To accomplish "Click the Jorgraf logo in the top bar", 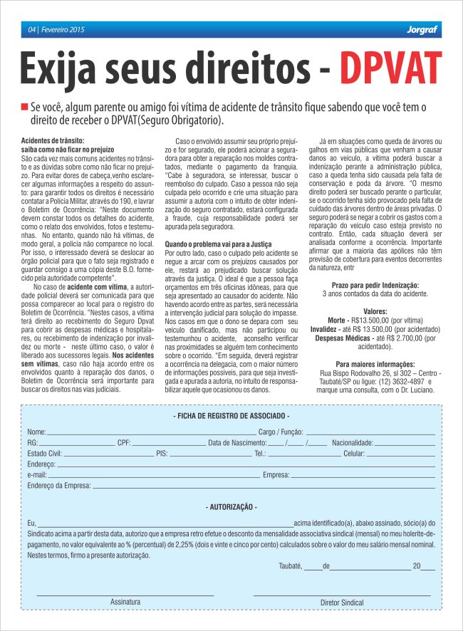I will pos(420,29).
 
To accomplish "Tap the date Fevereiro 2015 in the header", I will pos(62,29).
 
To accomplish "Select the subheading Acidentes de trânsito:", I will pos(53,141).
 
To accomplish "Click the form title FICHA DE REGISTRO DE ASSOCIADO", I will pos(231,415).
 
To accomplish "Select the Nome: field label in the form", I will pos(36,432).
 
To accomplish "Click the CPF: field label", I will pos(124,443).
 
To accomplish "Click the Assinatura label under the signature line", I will pos(125,602).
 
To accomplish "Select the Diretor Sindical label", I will pos(342,602).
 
